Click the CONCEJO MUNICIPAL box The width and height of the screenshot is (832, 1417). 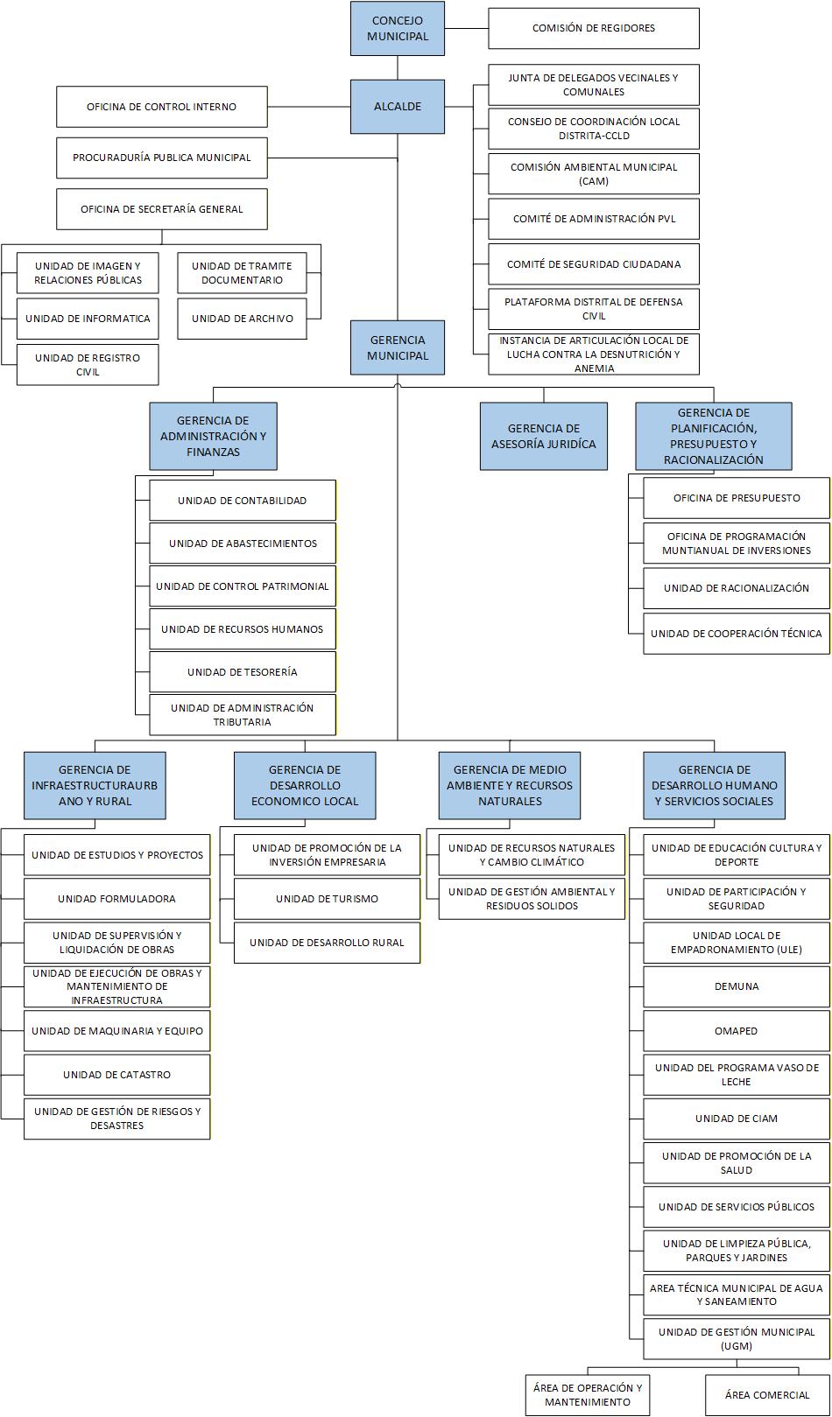(398, 29)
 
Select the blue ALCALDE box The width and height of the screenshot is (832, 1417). (398, 107)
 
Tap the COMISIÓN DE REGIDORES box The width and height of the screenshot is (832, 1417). (593, 28)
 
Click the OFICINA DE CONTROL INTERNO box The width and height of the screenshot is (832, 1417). (161, 107)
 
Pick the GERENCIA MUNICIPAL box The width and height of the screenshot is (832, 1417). (398, 347)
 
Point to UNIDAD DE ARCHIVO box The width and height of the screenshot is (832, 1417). (242, 319)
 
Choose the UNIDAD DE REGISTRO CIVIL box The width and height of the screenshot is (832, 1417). (88, 364)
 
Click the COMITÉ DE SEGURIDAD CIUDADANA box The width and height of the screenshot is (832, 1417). (593, 263)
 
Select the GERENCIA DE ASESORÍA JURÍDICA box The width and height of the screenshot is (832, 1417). (543, 436)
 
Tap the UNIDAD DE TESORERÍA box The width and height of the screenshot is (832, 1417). (242, 672)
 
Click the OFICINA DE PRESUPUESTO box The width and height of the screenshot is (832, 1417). (736, 498)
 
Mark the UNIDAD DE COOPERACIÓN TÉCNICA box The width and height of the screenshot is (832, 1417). (736, 633)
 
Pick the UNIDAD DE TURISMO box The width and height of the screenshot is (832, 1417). (327, 899)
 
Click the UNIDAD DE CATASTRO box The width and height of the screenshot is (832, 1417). (116, 1075)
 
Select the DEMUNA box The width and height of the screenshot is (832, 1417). (736, 986)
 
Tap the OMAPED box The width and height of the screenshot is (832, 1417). (736, 1031)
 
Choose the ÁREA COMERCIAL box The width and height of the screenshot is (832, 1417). (766, 1395)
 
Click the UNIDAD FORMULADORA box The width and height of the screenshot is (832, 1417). (116, 899)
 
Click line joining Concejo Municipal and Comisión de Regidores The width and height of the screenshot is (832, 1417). (466, 29)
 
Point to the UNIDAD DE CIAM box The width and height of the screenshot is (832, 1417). (736, 1119)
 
